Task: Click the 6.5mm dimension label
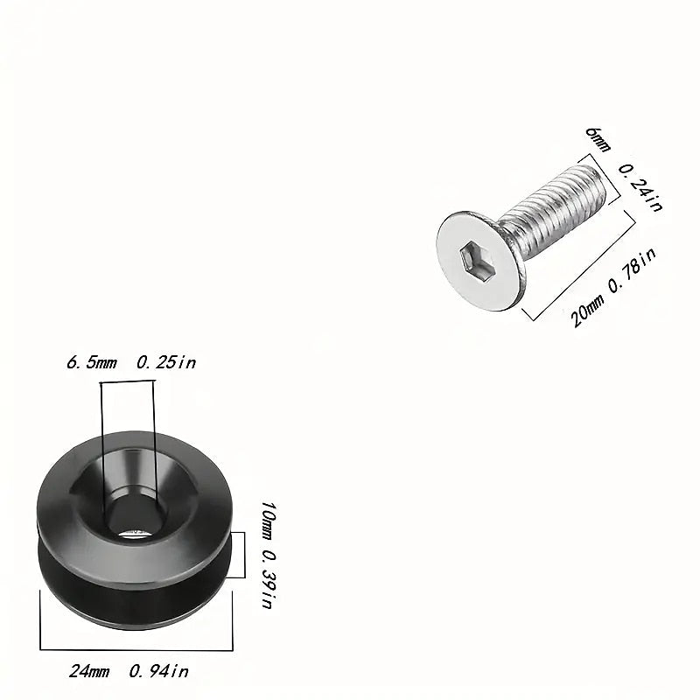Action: click(x=92, y=362)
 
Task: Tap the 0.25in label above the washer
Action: click(x=165, y=362)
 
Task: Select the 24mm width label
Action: click(x=89, y=672)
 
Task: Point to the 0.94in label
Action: click(x=158, y=672)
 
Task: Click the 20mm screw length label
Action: click(x=585, y=310)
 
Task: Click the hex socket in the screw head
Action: click(x=478, y=258)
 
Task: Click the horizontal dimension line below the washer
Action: click(x=136, y=649)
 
